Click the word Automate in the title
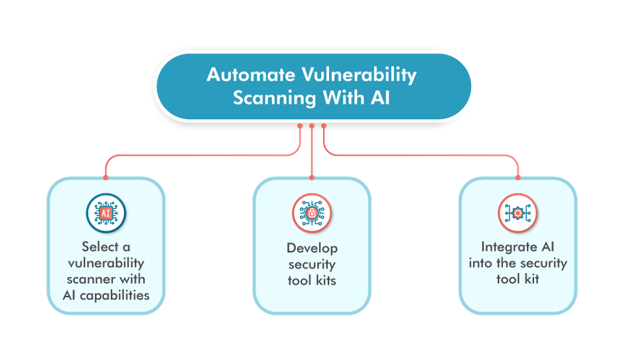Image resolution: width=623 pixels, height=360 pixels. point(251,75)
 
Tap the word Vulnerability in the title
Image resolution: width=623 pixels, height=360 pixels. point(359,76)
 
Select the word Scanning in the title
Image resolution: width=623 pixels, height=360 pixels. point(275,98)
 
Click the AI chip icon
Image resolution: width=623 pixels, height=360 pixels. point(105,213)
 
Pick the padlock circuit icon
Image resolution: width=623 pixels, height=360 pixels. point(312,213)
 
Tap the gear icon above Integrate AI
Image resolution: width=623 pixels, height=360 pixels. point(518,213)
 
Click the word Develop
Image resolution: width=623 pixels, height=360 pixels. point(312,249)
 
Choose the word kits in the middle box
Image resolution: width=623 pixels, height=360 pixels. point(326,280)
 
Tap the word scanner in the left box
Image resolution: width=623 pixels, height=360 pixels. point(92,279)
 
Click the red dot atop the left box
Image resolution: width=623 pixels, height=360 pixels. point(105,178)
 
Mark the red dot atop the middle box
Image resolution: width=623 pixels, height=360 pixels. point(312,178)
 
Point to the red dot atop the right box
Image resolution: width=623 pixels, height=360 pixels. point(518,178)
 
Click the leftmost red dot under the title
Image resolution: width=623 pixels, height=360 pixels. point(300,126)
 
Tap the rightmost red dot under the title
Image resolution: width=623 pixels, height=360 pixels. point(324,126)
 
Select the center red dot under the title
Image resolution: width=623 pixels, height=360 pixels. point(312,126)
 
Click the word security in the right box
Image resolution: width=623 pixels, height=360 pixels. point(543,264)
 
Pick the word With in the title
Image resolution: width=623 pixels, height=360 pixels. point(344,97)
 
